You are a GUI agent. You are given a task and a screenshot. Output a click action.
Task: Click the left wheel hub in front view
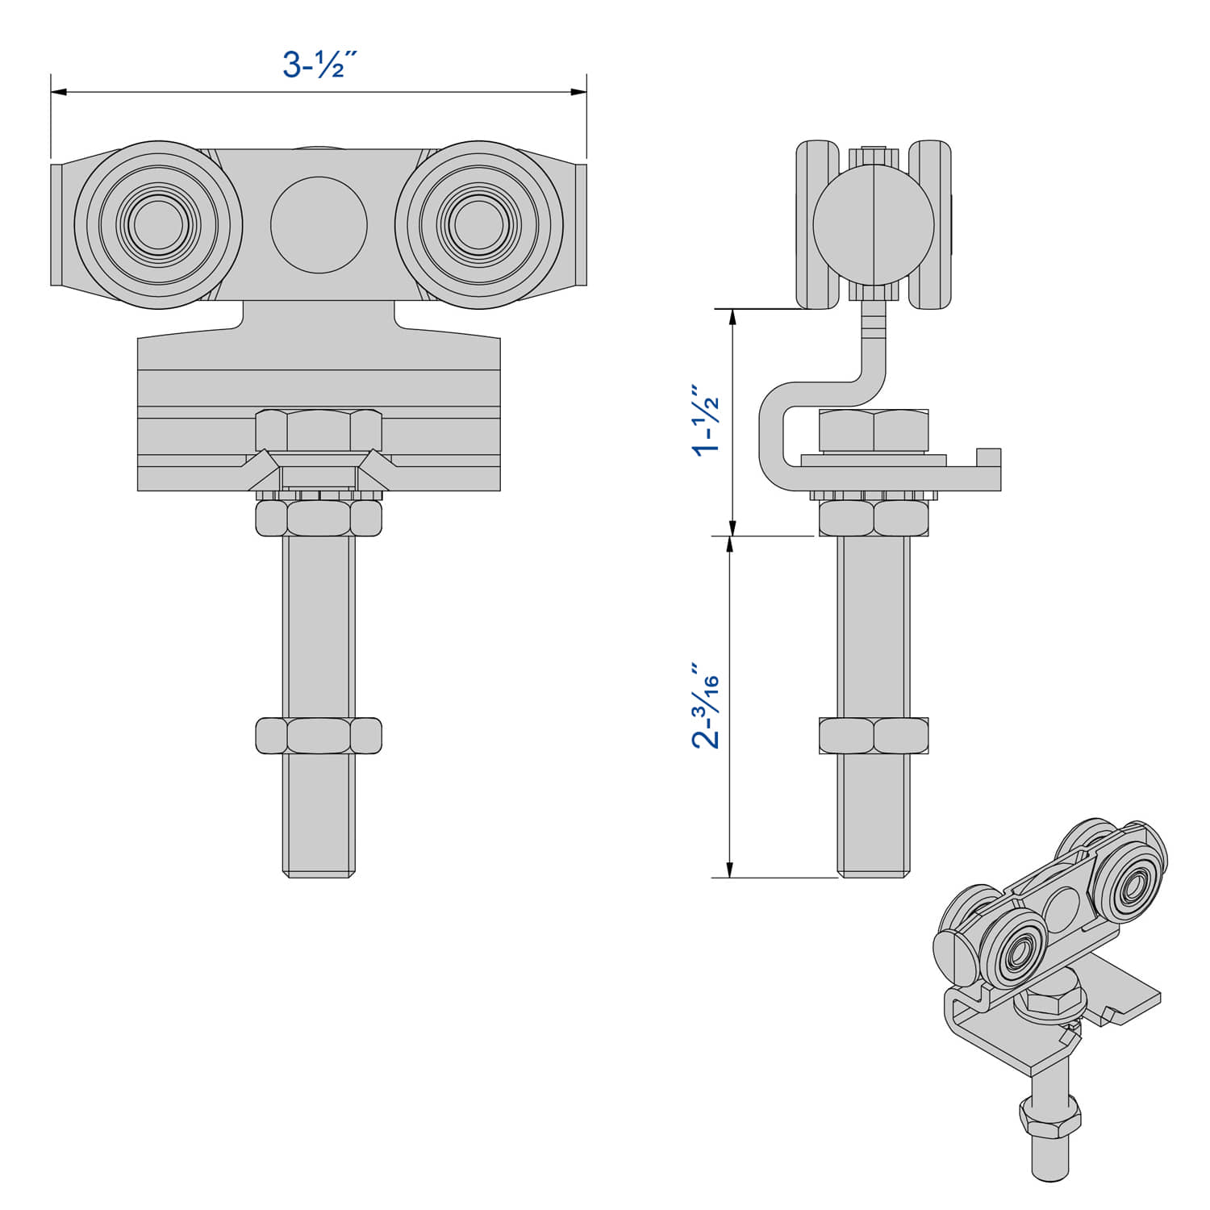[158, 224]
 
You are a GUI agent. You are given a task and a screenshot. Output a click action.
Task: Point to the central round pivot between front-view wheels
[319, 224]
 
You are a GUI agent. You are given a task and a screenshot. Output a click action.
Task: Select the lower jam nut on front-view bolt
[319, 736]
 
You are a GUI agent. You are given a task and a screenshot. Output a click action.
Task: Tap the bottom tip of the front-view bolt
[319, 873]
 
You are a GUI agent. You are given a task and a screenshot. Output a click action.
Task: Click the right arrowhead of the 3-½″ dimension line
[579, 92]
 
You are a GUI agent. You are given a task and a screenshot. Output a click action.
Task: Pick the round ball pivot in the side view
[874, 224]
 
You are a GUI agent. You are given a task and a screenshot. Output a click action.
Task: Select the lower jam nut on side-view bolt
[874, 736]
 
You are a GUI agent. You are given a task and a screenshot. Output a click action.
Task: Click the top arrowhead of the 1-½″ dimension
[732, 316]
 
